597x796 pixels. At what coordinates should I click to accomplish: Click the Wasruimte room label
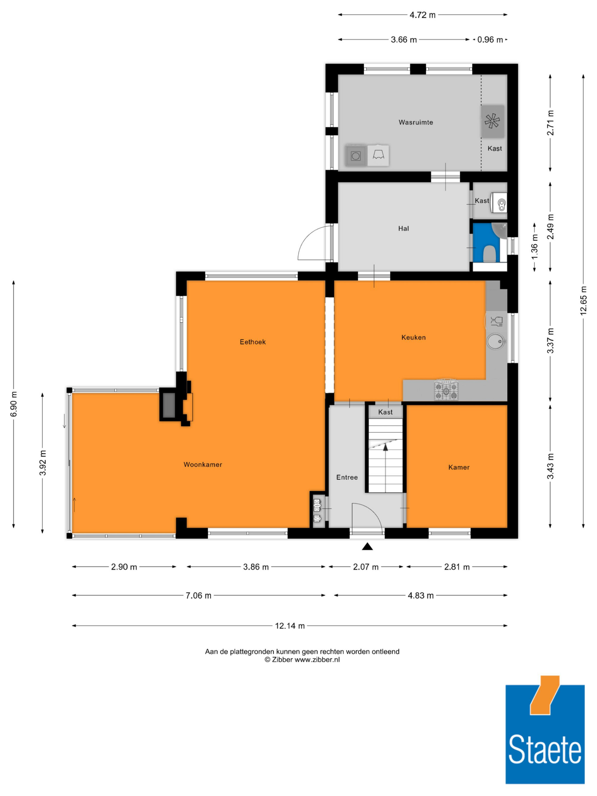pos(416,122)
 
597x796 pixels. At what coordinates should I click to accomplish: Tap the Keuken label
pos(413,337)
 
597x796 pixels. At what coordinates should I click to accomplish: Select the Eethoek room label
pos(253,342)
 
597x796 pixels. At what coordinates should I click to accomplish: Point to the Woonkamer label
pos(203,465)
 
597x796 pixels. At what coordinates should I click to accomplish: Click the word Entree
pos(347,477)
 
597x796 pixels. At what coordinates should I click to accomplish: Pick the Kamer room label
pos(459,467)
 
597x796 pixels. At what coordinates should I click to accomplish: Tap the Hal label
pos(403,229)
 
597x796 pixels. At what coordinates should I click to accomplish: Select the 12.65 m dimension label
pos(583,301)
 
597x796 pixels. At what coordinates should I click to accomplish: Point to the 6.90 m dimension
pos(14,404)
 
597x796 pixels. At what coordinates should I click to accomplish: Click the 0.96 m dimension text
pos(490,40)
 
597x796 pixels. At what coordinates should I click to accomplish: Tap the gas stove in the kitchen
pos(446,390)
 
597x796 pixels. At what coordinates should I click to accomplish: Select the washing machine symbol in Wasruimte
pos(356,156)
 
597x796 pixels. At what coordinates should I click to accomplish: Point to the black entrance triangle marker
pos(367,546)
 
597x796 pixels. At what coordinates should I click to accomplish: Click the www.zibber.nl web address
pos(317,660)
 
